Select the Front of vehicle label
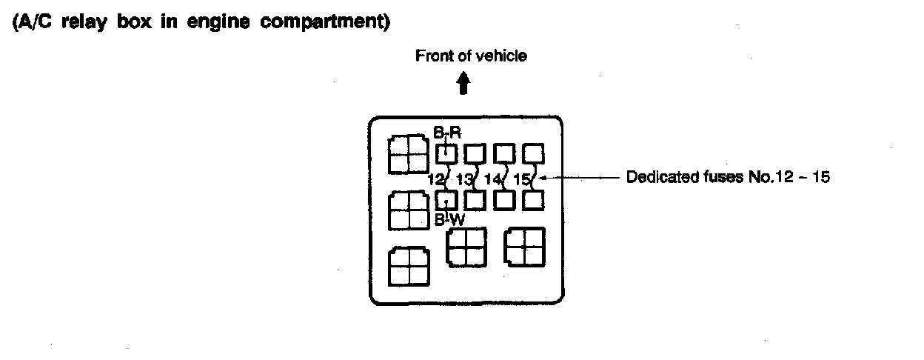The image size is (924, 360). click(472, 56)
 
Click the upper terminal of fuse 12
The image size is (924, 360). click(446, 154)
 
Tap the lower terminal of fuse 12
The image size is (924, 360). click(446, 200)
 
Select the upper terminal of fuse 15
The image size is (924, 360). click(534, 153)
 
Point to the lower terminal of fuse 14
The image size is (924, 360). click(504, 200)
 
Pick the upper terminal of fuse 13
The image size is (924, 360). click(475, 153)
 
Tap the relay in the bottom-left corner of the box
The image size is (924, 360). click(409, 266)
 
